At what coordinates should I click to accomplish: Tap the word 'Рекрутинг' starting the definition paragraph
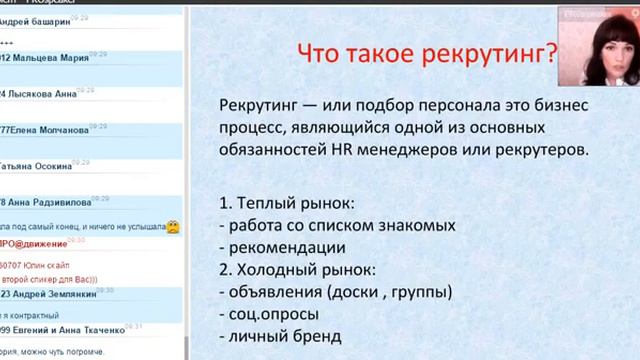257,105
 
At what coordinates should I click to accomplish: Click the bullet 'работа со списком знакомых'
322,225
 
